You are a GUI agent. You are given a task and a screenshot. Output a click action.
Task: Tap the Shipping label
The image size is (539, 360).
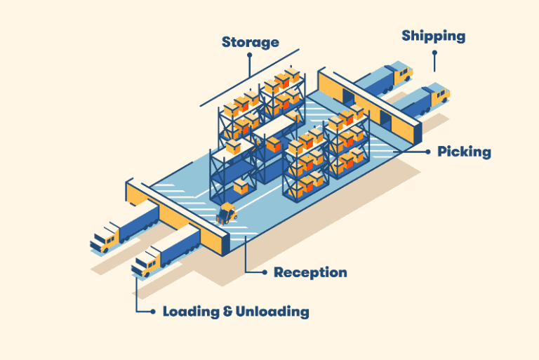433,35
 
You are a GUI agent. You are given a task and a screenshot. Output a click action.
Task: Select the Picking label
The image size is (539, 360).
464,152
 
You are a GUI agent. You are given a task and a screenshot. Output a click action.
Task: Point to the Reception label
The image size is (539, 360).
310,272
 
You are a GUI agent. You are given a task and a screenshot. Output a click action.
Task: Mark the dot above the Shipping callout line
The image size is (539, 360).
434,53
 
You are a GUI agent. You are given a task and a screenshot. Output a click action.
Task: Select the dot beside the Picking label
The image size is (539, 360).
427,151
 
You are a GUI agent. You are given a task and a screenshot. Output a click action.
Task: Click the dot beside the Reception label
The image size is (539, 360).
264,272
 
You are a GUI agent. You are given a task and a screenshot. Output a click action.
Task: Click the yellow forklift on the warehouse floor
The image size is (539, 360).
227,213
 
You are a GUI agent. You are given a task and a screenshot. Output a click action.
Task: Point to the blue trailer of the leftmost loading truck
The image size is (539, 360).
140,220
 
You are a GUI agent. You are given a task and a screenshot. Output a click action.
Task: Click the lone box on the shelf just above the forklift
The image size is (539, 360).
241,186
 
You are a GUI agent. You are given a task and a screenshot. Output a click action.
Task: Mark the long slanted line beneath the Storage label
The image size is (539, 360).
249,77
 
